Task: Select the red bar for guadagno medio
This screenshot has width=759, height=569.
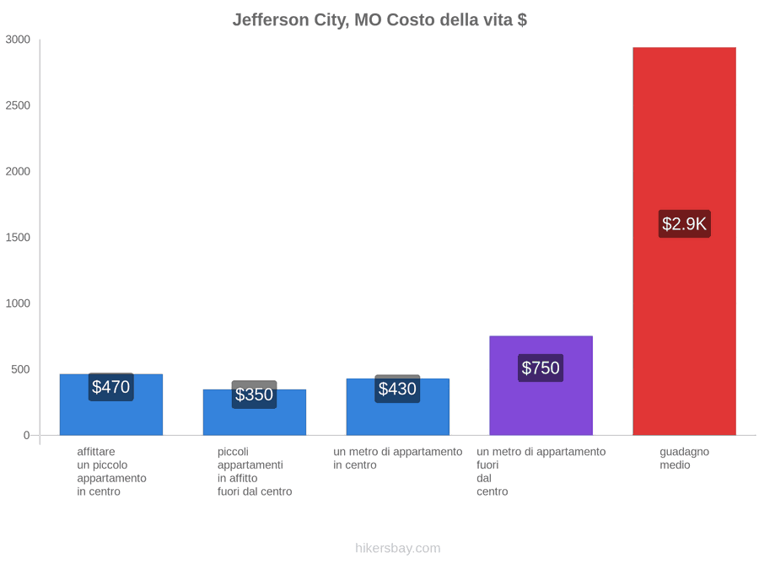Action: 685,241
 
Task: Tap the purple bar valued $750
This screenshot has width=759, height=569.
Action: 541,385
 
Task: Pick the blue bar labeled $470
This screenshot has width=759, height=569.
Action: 111,405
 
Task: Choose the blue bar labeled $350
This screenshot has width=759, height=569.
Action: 255,412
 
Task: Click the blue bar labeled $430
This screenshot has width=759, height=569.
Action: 398,407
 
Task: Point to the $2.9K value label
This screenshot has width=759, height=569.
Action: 685,223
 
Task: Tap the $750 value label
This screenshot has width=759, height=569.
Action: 541,368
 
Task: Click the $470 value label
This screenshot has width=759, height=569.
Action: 110,387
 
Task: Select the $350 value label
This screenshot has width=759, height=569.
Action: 254,395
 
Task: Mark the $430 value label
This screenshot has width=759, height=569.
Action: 397,389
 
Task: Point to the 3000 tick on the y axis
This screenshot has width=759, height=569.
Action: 18,39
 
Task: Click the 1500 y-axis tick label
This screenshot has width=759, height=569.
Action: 18,237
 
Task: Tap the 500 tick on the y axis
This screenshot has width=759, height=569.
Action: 21,369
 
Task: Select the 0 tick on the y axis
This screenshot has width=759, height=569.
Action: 27,435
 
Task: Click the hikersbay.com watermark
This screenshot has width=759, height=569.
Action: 398,548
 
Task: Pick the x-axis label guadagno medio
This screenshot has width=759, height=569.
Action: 685,459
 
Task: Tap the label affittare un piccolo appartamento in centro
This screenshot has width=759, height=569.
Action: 112,471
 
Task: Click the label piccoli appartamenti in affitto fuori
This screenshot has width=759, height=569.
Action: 255,471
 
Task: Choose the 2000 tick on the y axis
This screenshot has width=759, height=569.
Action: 18,171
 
